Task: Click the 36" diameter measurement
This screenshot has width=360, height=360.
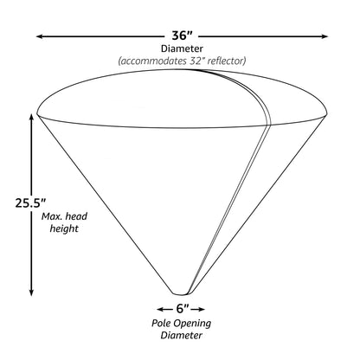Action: click(x=182, y=35)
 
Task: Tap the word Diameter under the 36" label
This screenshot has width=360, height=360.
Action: click(x=182, y=48)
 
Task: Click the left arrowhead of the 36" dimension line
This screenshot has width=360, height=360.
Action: click(x=40, y=36)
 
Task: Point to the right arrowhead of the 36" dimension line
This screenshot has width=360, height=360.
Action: click(x=325, y=36)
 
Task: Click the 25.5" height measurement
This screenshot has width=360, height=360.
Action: click(x=30, y=202)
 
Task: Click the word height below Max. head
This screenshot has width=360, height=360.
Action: click(x=64, y=228)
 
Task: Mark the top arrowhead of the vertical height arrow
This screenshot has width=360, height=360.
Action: click(x=31, y=119)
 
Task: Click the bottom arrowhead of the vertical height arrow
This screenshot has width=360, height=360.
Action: click(x=31, y=292)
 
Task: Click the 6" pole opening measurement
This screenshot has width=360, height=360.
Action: click(x=183, y=309)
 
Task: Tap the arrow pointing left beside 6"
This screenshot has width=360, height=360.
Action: click(x=164, y=309)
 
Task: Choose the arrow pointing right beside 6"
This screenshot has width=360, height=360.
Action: click(x=198, y=309)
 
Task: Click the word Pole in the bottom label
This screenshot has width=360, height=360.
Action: click(x=161, y=323)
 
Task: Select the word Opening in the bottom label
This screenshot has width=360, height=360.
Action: click(x=192, y=324)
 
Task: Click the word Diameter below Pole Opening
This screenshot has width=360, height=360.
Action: click(x=182, y=336)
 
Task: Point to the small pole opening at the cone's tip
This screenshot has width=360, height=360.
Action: click(x=181, y=293)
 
